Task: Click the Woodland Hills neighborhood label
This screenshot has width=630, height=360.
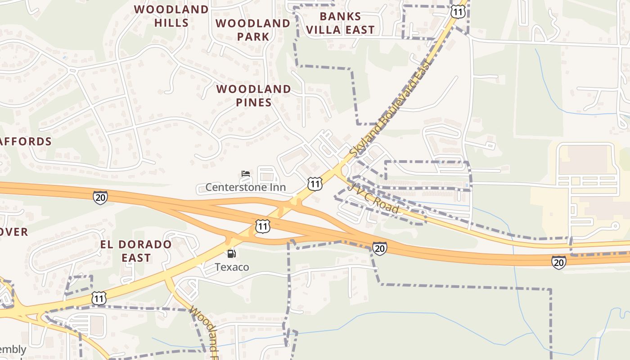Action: pos(171,16)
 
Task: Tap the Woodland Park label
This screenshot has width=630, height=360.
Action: pos(253,30)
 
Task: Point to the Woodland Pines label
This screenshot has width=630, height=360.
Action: pos(254,95)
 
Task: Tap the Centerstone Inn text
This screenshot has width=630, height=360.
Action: pos(246,187)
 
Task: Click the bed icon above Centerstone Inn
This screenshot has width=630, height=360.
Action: pos(245,174)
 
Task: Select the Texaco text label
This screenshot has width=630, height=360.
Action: pos(232,267)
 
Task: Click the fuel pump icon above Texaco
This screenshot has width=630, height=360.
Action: pos(231,254)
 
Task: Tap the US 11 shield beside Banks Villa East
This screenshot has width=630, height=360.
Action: pos(458,12)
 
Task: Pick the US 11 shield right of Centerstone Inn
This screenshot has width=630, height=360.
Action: pos(315,184)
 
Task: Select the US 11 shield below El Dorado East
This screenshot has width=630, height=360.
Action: pos(99,298)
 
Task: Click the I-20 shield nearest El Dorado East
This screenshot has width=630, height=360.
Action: pos(100,197)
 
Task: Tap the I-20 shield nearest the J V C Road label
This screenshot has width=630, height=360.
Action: pos(379,248)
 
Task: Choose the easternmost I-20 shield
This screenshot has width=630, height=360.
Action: pos(558,262)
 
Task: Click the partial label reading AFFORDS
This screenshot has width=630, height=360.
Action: pos(26,141)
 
